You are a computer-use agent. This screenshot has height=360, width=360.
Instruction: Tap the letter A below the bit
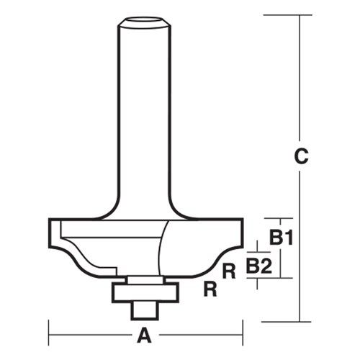[144, 335]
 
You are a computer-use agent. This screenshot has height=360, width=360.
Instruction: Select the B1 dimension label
[281, 237]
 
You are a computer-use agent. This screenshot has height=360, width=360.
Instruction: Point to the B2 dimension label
[258, 266]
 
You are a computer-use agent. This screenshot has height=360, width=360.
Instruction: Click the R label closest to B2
[229, 271]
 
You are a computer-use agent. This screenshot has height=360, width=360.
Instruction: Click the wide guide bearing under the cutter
[144, 291]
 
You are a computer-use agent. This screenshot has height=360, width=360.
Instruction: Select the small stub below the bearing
[144, 309]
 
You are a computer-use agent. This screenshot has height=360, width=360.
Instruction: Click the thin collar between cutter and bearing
[144, 278]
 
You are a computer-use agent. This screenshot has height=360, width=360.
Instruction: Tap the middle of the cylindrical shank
[144, 115]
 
